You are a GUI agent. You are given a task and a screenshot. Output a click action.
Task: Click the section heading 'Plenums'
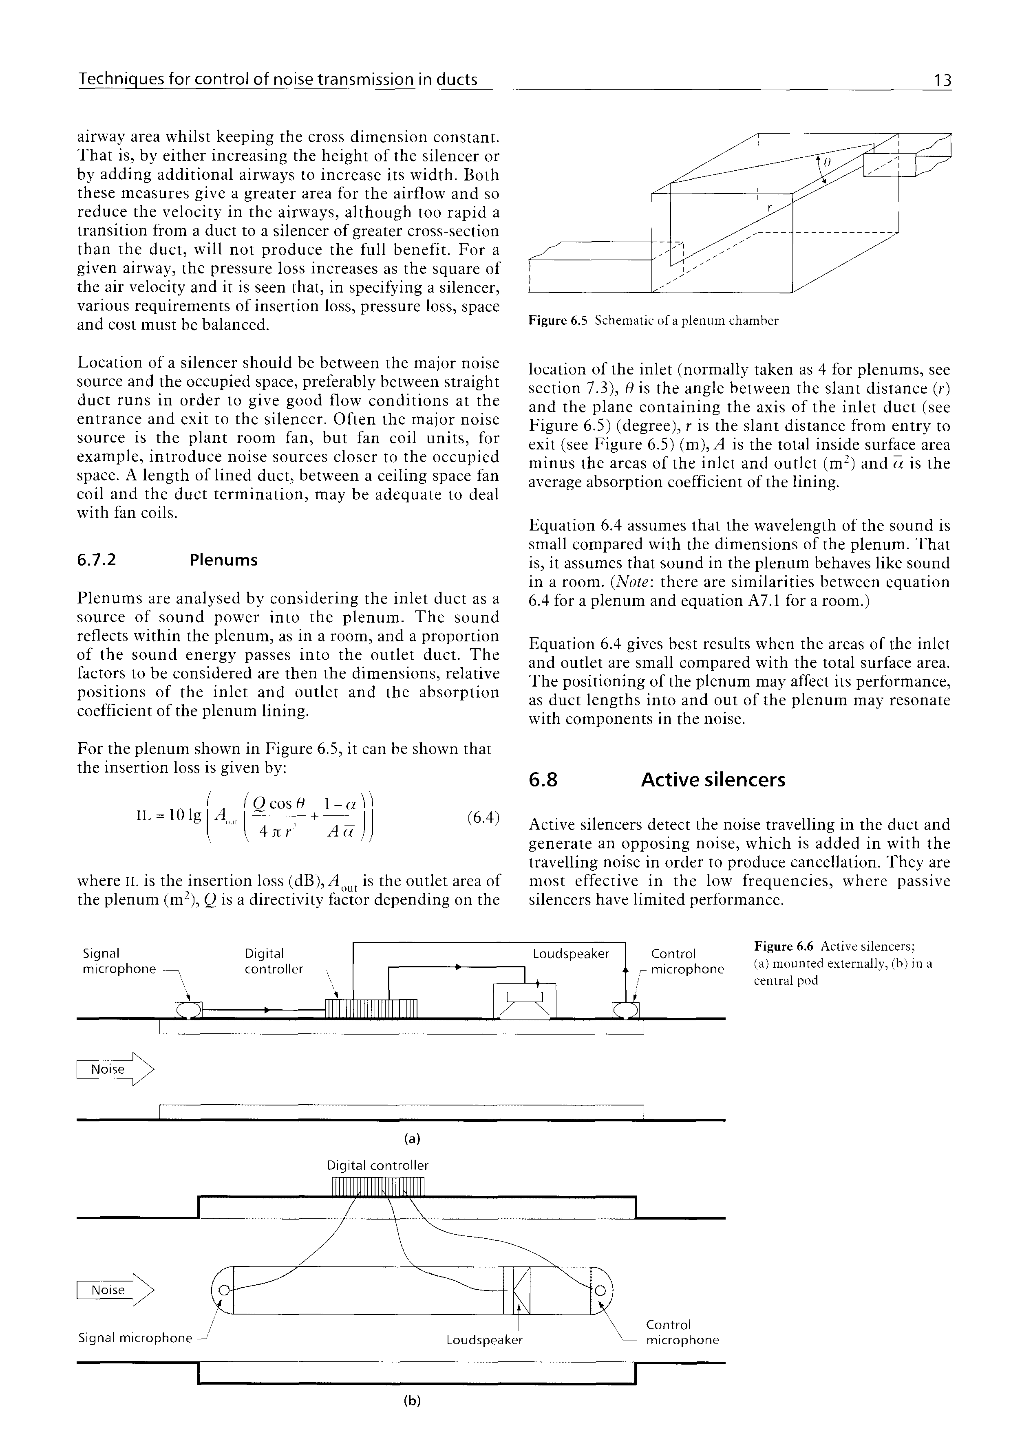[x=223, y=560]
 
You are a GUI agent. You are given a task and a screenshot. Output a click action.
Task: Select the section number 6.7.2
[x=97, y=560]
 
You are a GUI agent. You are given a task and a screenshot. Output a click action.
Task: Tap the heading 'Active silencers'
[x=713, y=780]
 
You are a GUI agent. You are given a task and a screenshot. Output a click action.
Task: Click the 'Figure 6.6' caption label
[x=784, y=947]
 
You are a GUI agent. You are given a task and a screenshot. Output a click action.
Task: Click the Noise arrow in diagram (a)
[x=114, y=1069]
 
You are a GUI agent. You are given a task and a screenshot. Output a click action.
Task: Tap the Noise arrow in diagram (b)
[x=114, y=1290]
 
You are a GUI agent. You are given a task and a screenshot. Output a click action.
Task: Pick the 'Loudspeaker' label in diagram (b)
[x=484, y=1339]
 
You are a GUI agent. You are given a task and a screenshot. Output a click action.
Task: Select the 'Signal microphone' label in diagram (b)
[x=135, y=1337]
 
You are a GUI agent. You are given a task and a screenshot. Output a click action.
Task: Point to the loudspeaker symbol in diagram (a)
[x=525, y=1002]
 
